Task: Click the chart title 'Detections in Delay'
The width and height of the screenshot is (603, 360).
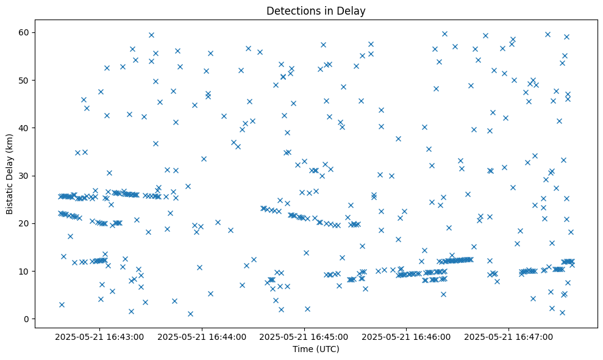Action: (x=316, y=10)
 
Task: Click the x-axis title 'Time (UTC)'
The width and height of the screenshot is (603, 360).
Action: (x=316, y=349)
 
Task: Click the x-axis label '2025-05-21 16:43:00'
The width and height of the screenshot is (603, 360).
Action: (x=99, y=336)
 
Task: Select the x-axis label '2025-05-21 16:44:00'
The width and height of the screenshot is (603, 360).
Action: (x=202, y=336)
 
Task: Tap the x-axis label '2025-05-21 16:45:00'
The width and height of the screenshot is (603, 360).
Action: (x=304, y=336)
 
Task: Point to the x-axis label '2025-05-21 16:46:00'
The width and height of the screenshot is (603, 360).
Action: (x=407, y=336)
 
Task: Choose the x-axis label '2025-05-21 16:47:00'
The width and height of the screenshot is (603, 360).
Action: (x=509, y=336)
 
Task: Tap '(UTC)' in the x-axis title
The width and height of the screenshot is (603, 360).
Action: (x=327, y=349)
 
